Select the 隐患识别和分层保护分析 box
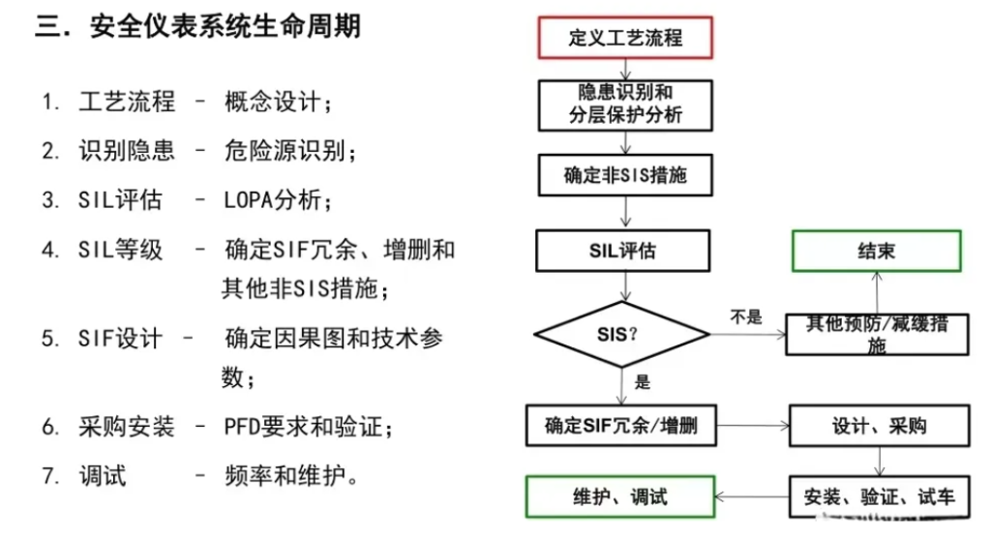[x=625, y=104]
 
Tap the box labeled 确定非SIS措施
[x=625, y=176]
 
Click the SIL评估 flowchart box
[x=625, y=251]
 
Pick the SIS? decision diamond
[x=622, y=336]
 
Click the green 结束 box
[x=876, y=251]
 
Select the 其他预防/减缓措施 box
[x=877, y=334]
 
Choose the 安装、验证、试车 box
[x=879, y=497]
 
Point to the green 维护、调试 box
[x=619, y=497]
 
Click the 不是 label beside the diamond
[x=746, y=316]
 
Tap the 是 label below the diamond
[x=643, y=382]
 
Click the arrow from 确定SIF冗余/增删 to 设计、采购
[x=753, y=425]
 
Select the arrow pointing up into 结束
[x=877, y=291]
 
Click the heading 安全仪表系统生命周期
[x=224, y=26]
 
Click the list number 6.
[x=50, y=427]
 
